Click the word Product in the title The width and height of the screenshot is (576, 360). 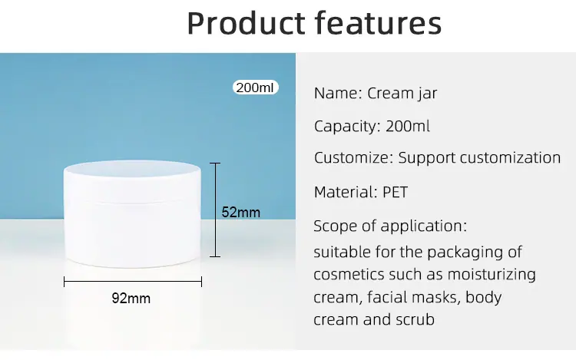pyautogui.click(x=246, y=23)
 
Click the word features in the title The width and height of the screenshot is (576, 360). pyautogui.click(x=378, y=23)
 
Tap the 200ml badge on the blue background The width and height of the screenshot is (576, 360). pyautogui.click(x=255, y=88)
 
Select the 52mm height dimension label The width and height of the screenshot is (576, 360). pyautogui.click(x=240, y=212)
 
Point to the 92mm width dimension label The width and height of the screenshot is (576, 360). pyautogui.click(x=131, y=299)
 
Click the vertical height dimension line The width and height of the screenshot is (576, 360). pyautogui.click(x=215, y=210)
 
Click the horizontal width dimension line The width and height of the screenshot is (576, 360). pyautogui.click(x=133, y=282)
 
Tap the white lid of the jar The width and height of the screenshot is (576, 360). pyautogui.click(x=132, y=180)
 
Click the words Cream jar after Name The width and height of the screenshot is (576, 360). pyautogui.click(x=402, y=94)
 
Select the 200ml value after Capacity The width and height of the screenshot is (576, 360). pyautogui.click(x=407, y=126)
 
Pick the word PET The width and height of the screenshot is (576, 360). pyautogui.click(x=396, y=192)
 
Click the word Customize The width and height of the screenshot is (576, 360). pyautogui.click(x=353, y=158)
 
